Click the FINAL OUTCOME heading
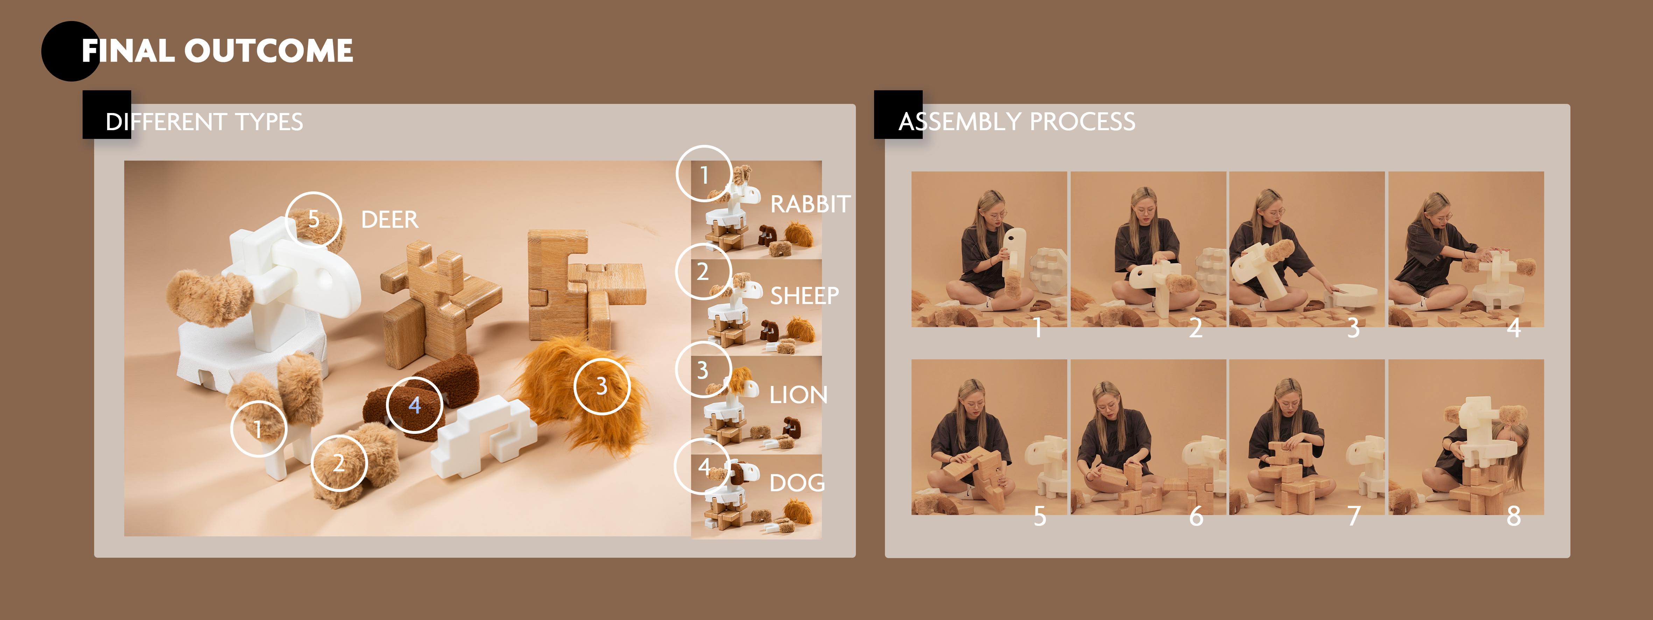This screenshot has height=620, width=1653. pyautogui.click(x=217, y=51)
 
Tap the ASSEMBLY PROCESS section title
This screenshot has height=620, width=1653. pyautogui.click(x=1017, y=121)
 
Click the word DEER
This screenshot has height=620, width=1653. pyautogui.click(x=389, y=219)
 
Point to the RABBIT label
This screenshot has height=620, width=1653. pyautogui.click(x=810, y=204)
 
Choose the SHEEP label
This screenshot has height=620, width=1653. pyautogui.click(x=804, y=296)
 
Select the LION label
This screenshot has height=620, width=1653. pyautogui.click(x=798, y=395)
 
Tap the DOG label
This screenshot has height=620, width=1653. pyautogui.click(x=797, y=482)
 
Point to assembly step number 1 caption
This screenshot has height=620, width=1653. pyautogui.click(x=1037, y=328)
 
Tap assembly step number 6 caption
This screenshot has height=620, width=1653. pyautogui.click(x=1196, y=516)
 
